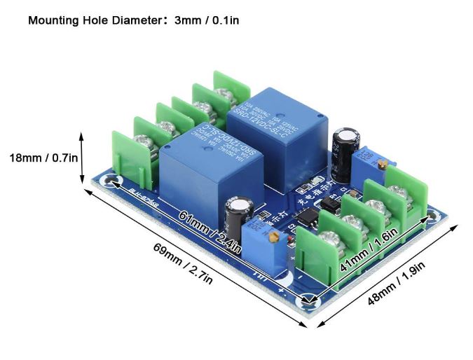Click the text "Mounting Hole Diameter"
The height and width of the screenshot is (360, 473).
95,20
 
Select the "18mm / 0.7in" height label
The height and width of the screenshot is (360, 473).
43,158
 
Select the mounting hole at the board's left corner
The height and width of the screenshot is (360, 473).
112,181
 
